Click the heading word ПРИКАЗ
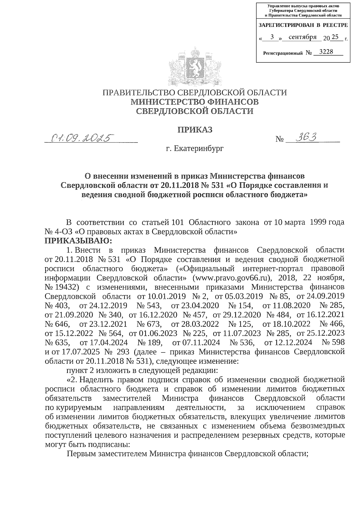tap(195, 130)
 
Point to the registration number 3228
tap(326, 52)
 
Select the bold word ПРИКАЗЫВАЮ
tap(78, 241)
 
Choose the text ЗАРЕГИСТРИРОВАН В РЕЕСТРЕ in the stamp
tap(303, 25)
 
